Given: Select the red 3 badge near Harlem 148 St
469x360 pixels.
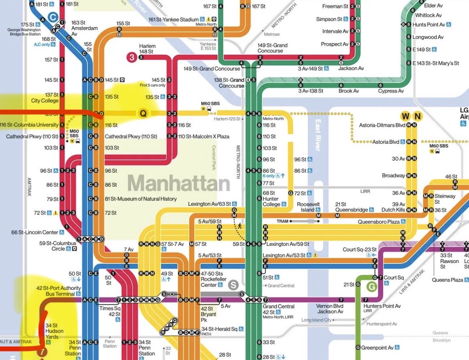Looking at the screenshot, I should (x=131, y=57).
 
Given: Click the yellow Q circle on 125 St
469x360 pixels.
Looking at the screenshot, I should (x=142, y=113).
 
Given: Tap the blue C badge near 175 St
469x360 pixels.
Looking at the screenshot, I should (x=53, y=17).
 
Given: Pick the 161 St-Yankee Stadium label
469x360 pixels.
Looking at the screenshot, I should (x=173, y=20).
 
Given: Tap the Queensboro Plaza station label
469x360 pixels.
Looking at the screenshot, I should (x=379, y=221).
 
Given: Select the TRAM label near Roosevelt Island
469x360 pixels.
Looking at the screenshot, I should (x=282, y=221).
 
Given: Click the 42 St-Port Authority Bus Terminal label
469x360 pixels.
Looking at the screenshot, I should (x=59, y=291).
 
